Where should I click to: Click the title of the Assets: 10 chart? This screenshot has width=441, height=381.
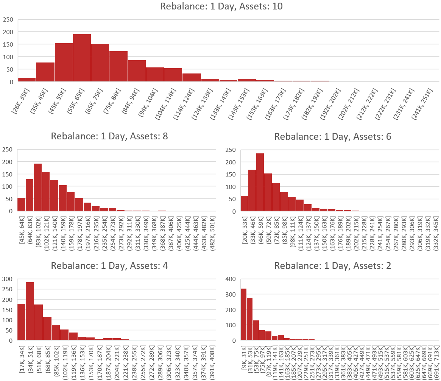click(x=221, y=6)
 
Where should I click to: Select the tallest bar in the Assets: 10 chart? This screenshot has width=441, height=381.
click(x=82, y=58)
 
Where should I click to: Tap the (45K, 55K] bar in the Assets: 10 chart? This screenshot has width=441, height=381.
click(x=64, y=62)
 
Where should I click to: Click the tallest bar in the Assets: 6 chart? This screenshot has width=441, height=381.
click(x=260, y=182)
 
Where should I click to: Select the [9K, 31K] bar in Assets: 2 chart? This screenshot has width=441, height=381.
click(x=243, y=314)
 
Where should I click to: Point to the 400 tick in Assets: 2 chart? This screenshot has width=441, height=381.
click(x=232, y=279)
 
